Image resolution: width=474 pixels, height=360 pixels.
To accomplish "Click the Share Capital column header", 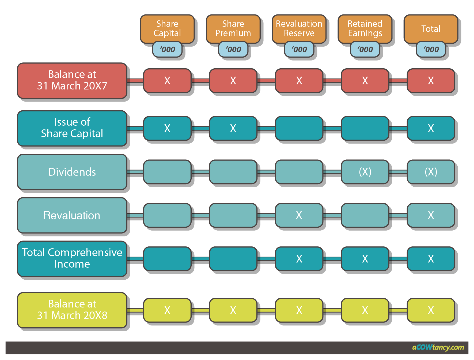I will click(x=167, y=28).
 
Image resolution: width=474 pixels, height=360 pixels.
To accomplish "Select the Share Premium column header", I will click(x=233, y=28).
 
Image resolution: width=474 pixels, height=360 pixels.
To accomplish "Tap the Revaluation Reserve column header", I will click(x=299, y=28).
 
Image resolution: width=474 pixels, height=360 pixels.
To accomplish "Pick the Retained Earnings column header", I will click(x=365, y=28).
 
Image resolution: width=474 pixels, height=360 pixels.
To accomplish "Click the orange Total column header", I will click(x=431, y=28).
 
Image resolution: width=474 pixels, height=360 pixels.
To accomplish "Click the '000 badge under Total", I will click(x=431, y=49).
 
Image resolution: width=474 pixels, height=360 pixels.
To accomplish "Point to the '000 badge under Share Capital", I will click(x=167, y=49).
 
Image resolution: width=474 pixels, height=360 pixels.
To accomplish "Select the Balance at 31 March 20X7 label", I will click(x=72, y=80).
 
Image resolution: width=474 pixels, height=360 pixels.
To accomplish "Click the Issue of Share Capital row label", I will click(x=72, y=128).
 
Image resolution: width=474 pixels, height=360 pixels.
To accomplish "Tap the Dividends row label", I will click(x=72, y=172).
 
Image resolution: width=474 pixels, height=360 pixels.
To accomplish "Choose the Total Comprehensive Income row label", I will click(x=72, y=258).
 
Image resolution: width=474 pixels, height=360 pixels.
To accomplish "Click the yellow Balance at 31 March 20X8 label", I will click(x=72, y=310).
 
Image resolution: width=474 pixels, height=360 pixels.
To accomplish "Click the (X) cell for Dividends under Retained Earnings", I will click(x=365, y=172).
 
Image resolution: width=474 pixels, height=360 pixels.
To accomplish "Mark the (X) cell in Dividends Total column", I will click(x=431, y=172).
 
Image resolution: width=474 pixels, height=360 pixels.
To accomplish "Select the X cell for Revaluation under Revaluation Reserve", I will click(x=299, y=215).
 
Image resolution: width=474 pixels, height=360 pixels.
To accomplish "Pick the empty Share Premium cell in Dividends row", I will click(x=233, y=172).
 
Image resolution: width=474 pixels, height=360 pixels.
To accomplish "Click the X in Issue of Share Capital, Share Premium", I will click(x=233, y=128).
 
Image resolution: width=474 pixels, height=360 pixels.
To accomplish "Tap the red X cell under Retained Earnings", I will click(x=365, y=80).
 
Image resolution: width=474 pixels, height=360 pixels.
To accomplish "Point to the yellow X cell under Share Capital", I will click(x=167, y=310).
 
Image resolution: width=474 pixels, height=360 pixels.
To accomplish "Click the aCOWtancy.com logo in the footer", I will click(x=438, y=347).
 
